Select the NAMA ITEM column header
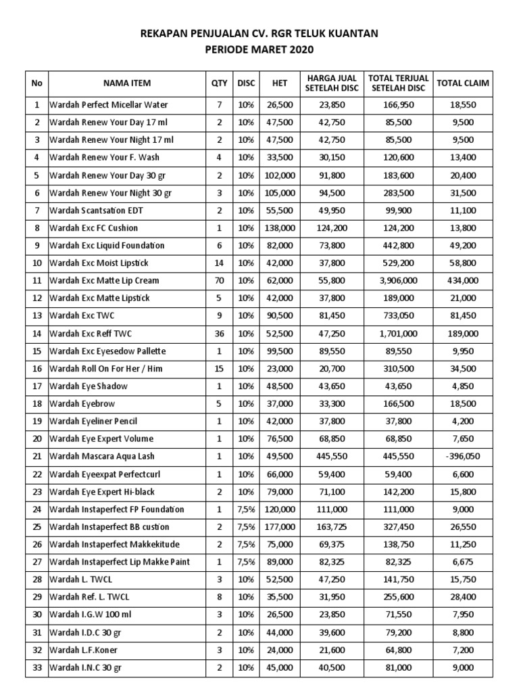click(x=127, y=83)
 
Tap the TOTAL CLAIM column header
click(x=463, y=83)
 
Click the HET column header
click(x=279, y=83)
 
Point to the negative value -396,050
click(x=463, y=457)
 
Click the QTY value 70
click(x=219, y=281)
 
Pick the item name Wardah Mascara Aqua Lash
click(x=102, y=457)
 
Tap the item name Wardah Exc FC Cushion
click(x=93, y=228)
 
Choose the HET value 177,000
click(x=279, y=527)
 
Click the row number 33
click(x=36, y=668)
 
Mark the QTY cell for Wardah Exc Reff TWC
click(x=219, y=334)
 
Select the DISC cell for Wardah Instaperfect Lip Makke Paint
click(x=246, y=562)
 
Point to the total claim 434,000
click(x=463, y=281)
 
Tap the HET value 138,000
click(x=279, y=228)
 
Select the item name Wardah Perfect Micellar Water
click(x=109, y=105)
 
